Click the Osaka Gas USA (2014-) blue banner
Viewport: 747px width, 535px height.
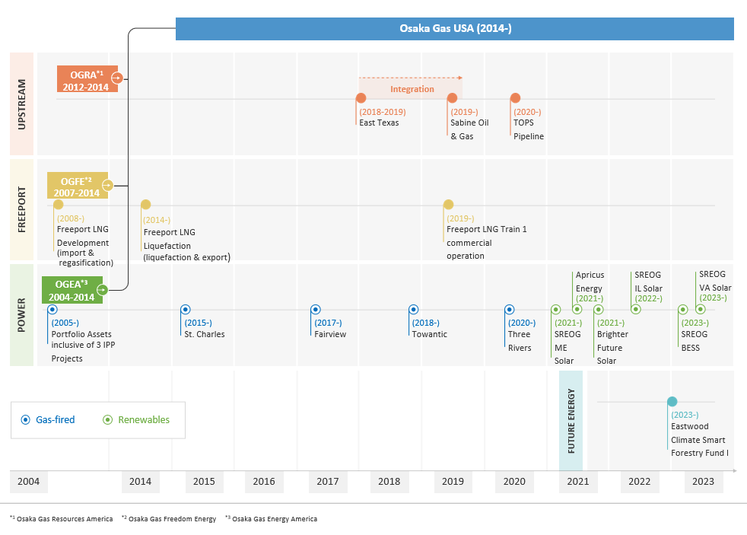(455, 29)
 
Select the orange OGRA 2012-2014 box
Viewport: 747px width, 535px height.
(87, 79)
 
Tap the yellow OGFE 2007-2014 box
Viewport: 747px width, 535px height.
(77, 186)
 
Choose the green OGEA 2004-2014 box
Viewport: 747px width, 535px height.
(72, 290)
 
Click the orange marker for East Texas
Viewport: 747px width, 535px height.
(361, 98)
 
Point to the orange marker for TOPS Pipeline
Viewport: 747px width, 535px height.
(515, 98)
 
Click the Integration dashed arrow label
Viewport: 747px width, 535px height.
(412, 89)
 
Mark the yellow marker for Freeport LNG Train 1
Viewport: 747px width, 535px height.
(449, 205)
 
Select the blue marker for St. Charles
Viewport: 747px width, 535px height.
(186, 310)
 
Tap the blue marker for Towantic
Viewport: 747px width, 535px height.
(414, 310)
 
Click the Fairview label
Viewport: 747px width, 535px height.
(330, 334)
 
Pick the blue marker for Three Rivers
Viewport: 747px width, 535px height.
(510, 310)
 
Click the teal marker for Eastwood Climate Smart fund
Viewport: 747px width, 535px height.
(672, 402)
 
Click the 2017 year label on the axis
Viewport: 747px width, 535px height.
(328, 482)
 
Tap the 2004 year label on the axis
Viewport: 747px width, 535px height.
(28, 482)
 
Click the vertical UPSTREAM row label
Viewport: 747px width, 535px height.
(21, 103)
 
